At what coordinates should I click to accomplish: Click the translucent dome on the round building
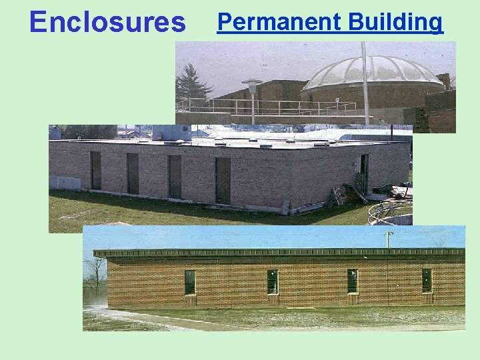[x=373, y=73]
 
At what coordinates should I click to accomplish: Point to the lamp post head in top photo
[x=252, y=84]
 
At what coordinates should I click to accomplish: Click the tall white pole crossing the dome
[x=365, y=80]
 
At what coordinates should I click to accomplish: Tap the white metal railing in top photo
[x=267, y=106]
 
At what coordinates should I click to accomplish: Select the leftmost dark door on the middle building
[x=96, y=170]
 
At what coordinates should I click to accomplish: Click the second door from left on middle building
[x=133, y=173]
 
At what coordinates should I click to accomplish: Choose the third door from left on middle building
[x=175, y=176]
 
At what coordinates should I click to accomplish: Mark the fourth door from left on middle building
[x=223, y=180]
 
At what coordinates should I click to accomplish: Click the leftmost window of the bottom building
[x=190, y=282]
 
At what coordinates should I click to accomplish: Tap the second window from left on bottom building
[x=273, y=281]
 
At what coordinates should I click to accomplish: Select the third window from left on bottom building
[x=352, y=281]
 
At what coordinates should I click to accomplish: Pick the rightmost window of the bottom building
[x=427, y=280]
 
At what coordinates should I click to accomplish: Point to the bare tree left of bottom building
[x=95, y=273]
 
